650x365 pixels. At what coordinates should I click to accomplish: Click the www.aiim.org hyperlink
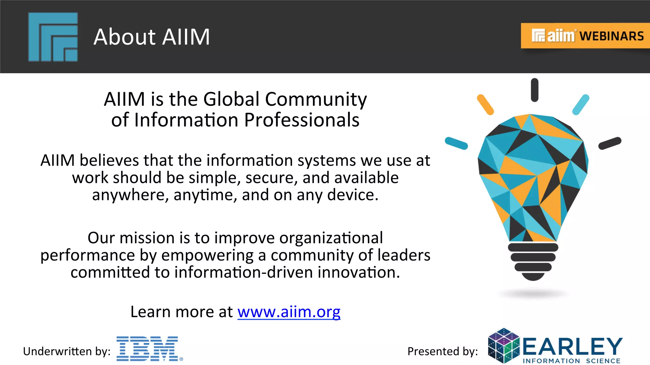(289, 312)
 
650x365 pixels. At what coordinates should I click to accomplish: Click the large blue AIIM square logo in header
(53, 37)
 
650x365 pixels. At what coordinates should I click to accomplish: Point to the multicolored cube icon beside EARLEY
(504, 346)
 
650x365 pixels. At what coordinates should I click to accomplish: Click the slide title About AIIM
(152, 37)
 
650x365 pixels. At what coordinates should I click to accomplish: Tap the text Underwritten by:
(67, 351)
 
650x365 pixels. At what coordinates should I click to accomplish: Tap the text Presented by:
(442, 351)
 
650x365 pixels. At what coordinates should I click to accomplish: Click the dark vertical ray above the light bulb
(534, 90)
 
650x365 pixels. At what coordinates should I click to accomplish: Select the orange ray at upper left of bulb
(485, 105)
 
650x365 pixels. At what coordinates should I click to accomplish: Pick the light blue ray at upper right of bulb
(581, 105)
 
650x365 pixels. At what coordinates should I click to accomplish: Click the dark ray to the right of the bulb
(610, 143)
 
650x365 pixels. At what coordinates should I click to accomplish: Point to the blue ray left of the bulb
(456, 143)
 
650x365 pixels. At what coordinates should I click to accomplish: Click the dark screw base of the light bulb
(533, 261)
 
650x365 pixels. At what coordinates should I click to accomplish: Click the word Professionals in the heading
(302, 120)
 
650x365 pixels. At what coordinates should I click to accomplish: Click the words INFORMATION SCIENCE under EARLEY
(571, 361)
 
